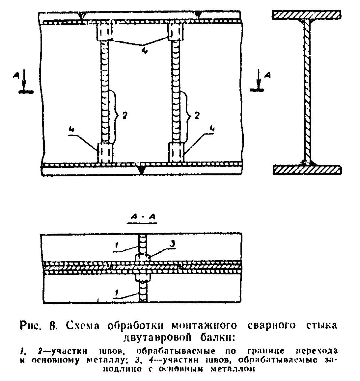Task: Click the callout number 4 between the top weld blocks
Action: coord(144,52)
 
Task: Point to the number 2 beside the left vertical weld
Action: coord(124,115)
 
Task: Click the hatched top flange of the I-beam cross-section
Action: coord(307,14)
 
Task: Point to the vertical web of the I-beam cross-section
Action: coord(307,92)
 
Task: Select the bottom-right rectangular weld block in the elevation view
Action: coord(177,152)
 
